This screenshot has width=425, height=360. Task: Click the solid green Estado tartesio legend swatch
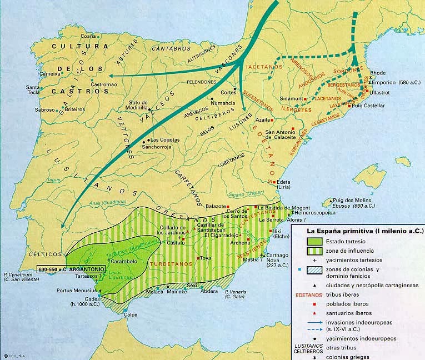coord(319,241)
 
